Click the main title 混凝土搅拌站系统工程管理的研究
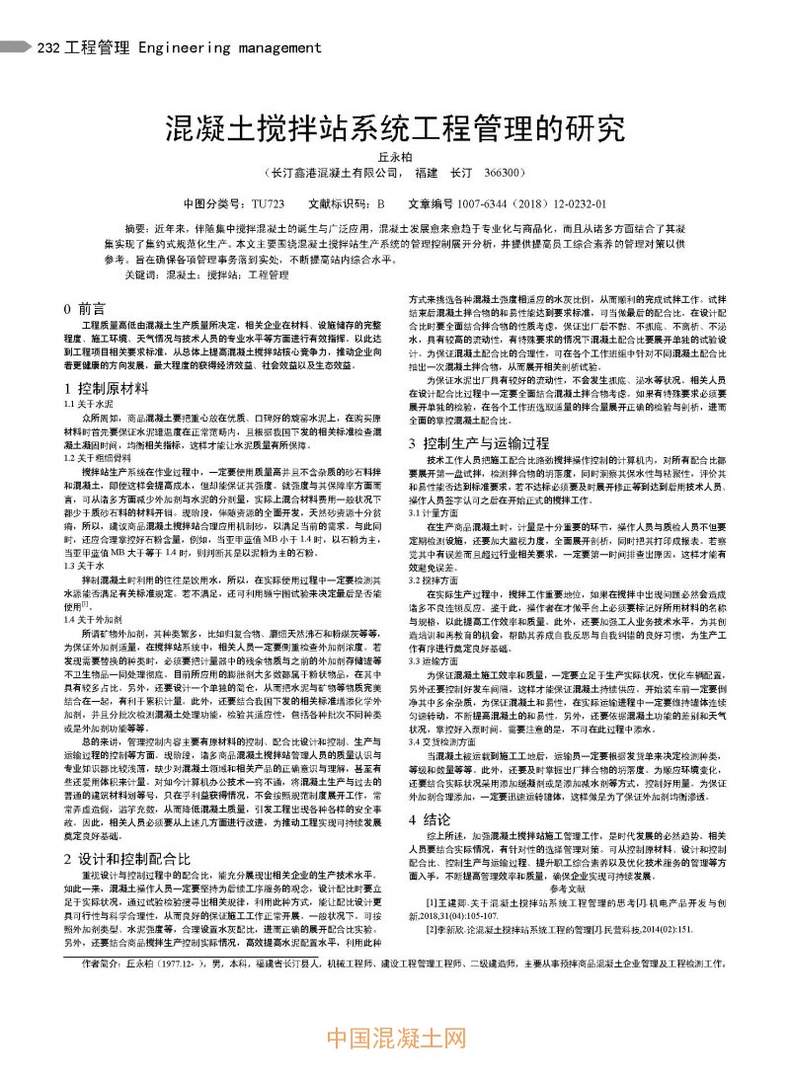(x=395, y=127)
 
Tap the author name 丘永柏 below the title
(x=395, y=156)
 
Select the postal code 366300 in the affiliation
(x=504, y=173)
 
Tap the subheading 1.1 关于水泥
(x=85, y=405)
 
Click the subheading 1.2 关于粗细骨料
(x=95, y=457)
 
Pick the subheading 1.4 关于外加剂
(x=90, y=619)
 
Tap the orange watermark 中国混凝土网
(x=395, y=1038)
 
